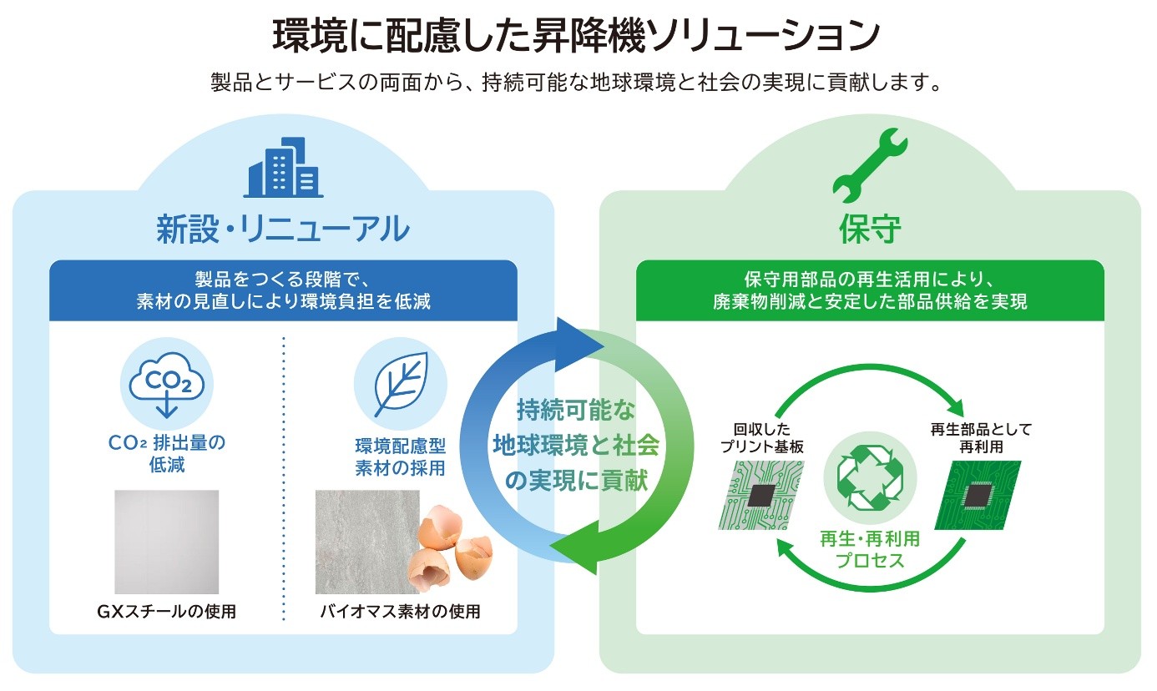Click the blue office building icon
pyautogui.click(x=283, y=168)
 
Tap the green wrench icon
pyautogui.click(x=870, y=166)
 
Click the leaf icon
pyautogui.click(x=401, y=384)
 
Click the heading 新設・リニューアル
pyautogui.click(x=283, y=229)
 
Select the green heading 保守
pyautogui.click(x=870, y=229)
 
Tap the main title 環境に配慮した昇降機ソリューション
pyautogui.click(x=576, y=35)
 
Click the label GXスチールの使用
pyautogui.click(x=166, y=612)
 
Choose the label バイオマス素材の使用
pyautogui.click(x=400, y=612)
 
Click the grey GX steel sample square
pyautogui.click(x=166, y=542)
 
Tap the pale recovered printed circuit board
pyautogui.click(x=761, y=495)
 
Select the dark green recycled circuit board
pyautogui.click(x=978, y=495)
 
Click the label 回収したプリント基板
pyautogui.click(x=762, y=437)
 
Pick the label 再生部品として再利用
pyautogui.click(x=980, y=437)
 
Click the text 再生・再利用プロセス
pyautogui.click(x=870, y=549)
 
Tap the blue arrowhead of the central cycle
pyautogui.click(x=578, y=345)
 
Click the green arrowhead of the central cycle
pyautogui.click(x=573, y=547)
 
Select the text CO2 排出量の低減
pyautogui.click(x=166, y=453)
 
